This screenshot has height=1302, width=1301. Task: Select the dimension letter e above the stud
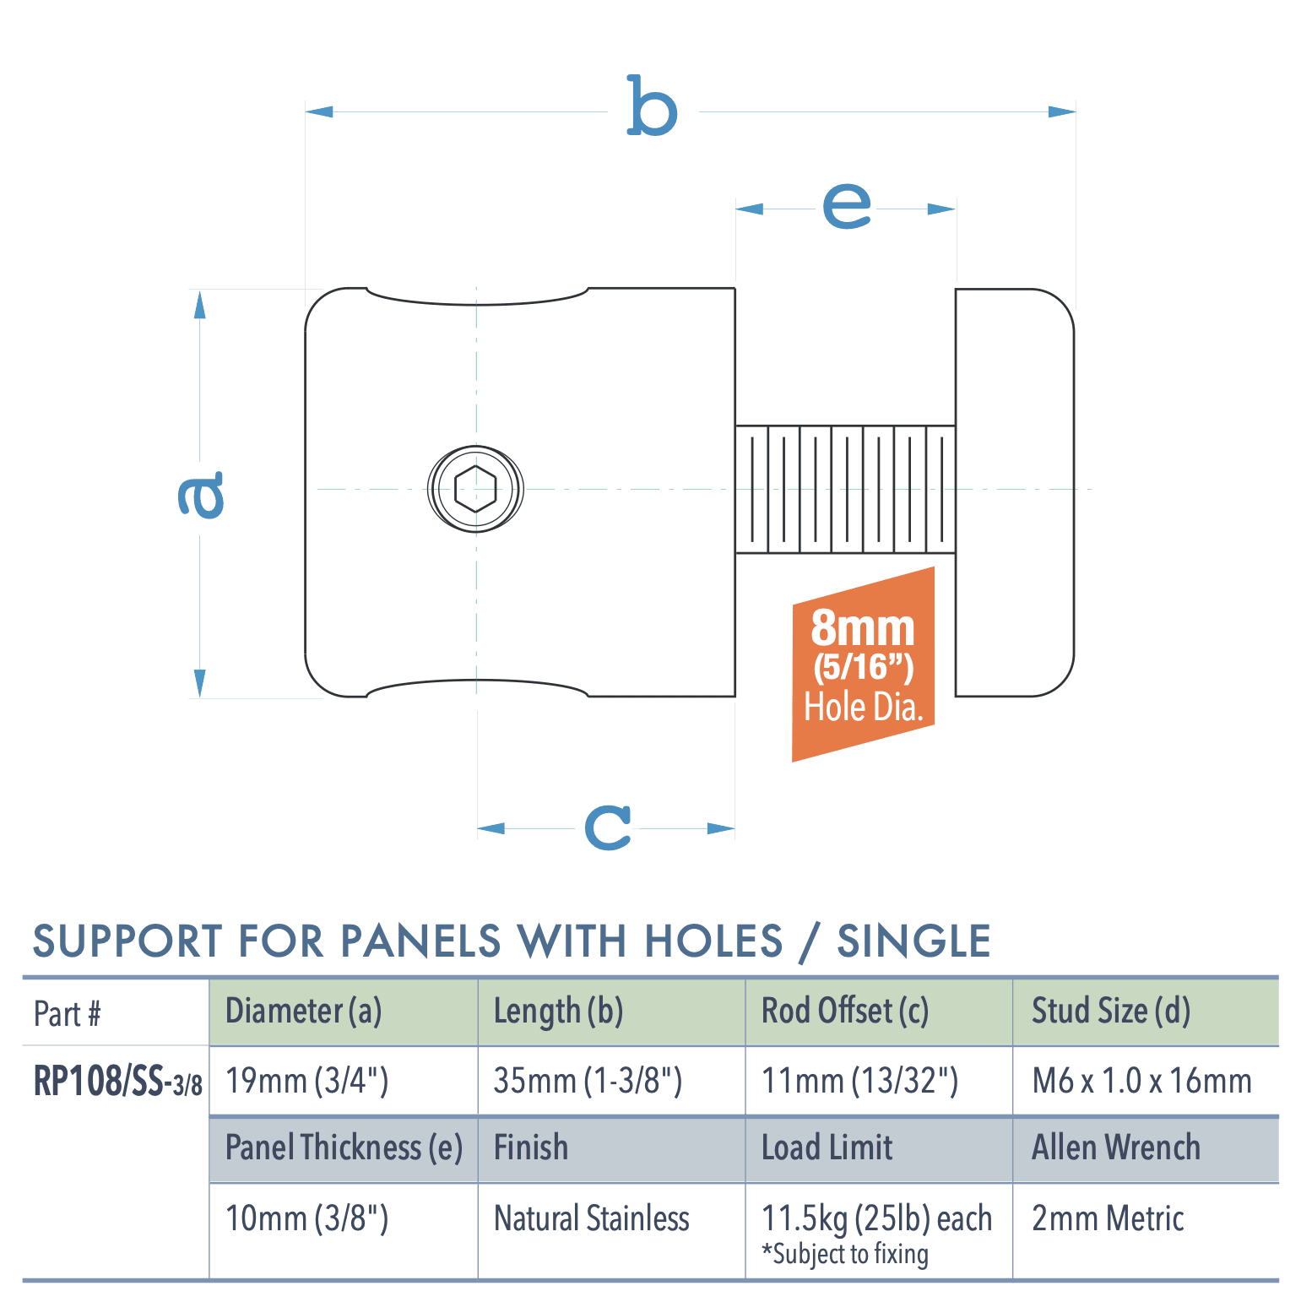click(846, 205)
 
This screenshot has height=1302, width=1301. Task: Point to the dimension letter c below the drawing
click(608, 827)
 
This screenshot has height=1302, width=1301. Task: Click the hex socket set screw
click(475, 489)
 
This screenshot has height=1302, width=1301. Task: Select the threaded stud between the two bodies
click(845, 489)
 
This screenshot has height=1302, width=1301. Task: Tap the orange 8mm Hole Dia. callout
click(863, 665)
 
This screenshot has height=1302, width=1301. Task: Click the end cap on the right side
click(1014, 492)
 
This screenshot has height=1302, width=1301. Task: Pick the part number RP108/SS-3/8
click(117, 1081)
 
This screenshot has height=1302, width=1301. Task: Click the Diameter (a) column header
click(303, 1011)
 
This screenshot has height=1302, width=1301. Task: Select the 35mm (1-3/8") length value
click(588, 1081)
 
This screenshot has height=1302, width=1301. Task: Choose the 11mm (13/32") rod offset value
click(859, 1081)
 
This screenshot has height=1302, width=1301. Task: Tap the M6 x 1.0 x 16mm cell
click(1141, 1081)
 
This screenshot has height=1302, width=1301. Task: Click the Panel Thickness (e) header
click(344, 1147)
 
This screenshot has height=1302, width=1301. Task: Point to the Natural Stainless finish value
click(592, 1218)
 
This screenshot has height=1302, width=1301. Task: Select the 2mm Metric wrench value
click(1108, 1218)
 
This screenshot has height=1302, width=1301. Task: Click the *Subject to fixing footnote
click(845, 1255)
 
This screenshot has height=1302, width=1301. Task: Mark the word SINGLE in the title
click(913, 941)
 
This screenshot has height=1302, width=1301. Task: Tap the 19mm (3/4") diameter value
click(306, 1081)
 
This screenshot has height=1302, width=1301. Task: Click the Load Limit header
click(827, 1147)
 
